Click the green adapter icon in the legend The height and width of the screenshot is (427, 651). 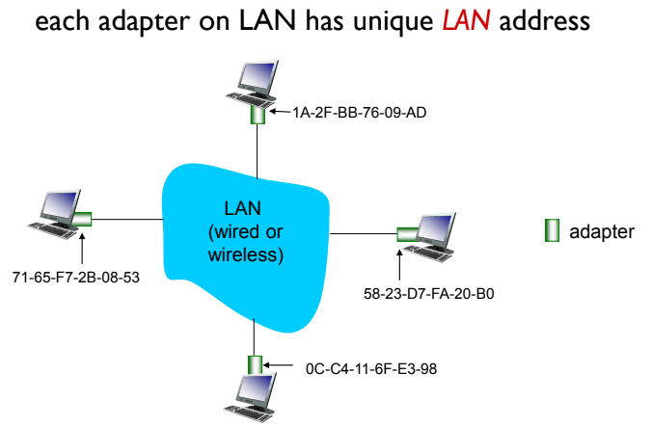coord(553,230)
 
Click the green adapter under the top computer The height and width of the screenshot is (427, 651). coord(258,115)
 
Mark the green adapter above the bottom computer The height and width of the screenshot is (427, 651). coord(254,365)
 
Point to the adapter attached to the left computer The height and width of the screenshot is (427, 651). coord(81,219)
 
